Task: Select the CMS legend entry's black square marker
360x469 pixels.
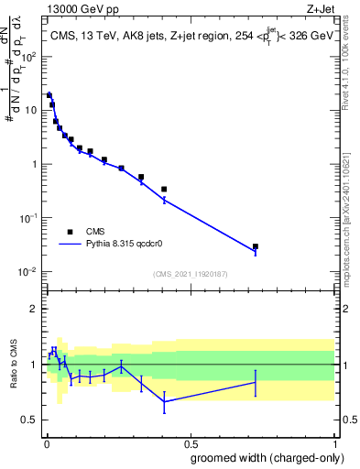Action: [70, 232]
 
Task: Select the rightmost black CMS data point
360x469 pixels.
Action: [256, 246]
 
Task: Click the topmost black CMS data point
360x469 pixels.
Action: [49, 94]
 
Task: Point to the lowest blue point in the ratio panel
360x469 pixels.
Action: [164, 401]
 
